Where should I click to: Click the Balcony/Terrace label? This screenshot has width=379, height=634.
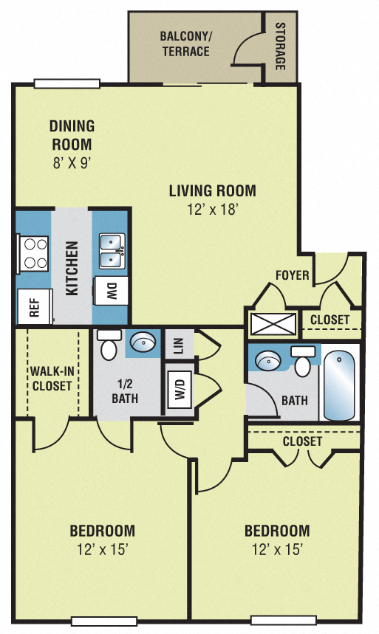(x=185, y=44)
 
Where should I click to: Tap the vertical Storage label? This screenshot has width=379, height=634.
(x=280, y=46)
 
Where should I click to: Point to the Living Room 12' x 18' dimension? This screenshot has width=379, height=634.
(x=212, y=210)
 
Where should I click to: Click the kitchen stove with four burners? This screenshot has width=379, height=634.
(x=32, y=253)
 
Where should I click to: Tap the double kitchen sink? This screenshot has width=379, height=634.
(x=112, y=251)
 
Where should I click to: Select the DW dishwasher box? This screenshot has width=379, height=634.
(x=112, y=291)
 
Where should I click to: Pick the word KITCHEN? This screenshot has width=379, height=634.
(x=72, y=268)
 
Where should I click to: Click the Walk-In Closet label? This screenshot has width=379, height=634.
(x=51, y=378)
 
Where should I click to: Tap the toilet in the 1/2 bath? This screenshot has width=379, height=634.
(x=109, y=346)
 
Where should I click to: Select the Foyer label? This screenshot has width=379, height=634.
(x=292, y=276)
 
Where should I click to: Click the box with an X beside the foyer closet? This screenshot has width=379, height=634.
(x=273, y=323)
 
